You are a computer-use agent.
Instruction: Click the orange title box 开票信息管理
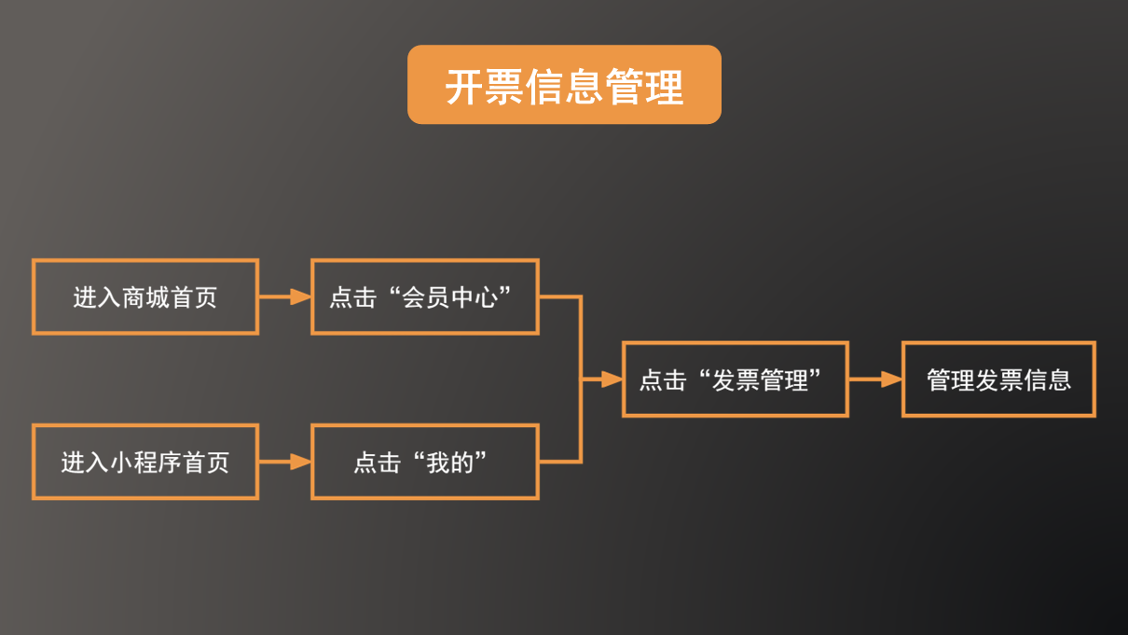pos(564,85)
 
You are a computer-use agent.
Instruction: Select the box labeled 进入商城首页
pos(145,297)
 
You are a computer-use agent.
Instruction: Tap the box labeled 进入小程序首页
pos(145,462)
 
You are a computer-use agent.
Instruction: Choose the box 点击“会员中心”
pos(424,297)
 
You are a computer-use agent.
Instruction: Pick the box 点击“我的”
pos(424,462)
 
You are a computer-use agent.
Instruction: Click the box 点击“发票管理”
pos(735,379)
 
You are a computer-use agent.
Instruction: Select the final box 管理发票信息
pos(998,379)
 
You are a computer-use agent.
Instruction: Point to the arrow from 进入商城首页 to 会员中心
pos(284,297)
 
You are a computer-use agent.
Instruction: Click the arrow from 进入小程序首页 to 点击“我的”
pos(284,462)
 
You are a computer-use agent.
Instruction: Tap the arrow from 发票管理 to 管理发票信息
pos(874,379)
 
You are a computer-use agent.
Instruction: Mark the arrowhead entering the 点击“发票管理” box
pos(612,379)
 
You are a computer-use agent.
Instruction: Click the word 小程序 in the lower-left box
pos(145,462)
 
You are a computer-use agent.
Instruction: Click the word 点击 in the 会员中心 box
pos(352,297)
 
